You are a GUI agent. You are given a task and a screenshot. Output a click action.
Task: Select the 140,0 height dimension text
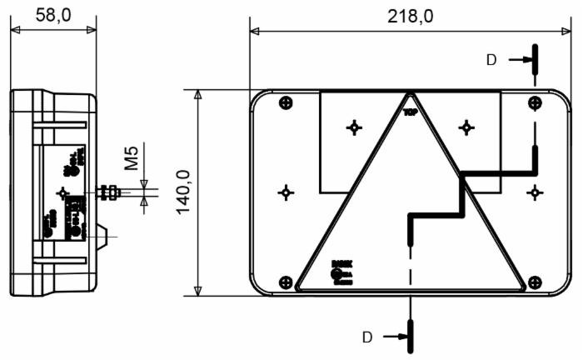(x=183, y=192)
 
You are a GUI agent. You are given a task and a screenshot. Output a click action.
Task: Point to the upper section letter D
(x=491, y=59)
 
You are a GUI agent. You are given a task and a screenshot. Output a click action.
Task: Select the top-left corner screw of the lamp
(x=287, y=102)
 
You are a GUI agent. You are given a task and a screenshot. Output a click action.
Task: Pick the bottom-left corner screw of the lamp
(x=287, y=282)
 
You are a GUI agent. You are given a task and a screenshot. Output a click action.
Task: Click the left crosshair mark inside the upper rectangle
(x=355, y=127)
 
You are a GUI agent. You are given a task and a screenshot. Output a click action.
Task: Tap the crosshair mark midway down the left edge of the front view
(x=287, y=192)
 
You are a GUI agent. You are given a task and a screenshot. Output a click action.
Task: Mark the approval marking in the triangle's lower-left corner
(x=338, y=272)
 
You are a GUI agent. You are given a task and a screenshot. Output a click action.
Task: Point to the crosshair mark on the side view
(x=62, y=192)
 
